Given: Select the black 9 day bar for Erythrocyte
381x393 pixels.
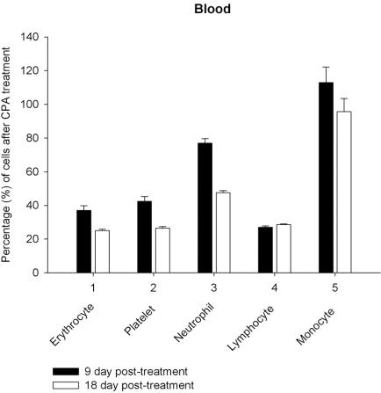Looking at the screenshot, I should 84,242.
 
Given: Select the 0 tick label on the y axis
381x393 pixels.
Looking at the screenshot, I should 36,273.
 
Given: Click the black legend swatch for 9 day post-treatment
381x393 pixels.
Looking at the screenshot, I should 59,372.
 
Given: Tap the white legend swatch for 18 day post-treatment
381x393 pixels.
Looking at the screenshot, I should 59,385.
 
